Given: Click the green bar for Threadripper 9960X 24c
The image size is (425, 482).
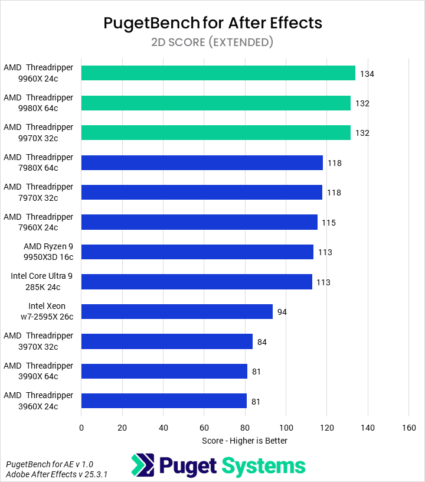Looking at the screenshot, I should click(218, 73).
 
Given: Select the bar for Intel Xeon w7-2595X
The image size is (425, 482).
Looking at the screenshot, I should click(176, 311).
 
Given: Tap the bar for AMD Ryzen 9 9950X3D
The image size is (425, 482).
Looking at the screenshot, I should click(197, 252).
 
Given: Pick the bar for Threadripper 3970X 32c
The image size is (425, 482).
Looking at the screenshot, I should click(166, 341).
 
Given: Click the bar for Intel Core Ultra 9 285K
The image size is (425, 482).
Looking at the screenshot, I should click(197, 282).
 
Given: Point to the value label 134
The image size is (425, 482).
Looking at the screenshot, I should click(367, 74).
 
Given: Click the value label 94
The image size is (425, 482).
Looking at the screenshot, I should click(282, 312).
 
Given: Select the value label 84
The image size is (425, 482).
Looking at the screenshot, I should click(262, 341).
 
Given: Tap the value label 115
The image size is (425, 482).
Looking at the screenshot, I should click(329, 223).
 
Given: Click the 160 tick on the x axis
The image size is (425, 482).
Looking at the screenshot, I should click(408, 427).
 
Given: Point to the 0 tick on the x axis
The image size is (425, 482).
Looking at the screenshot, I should click(81, 427).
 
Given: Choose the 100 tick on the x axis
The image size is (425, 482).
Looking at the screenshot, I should click(286, 427).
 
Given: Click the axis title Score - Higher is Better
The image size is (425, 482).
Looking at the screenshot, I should click(244, 441).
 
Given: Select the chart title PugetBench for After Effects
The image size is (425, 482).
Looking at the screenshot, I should click(212, 23).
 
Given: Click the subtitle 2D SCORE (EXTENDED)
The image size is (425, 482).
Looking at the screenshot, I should click(212, 42).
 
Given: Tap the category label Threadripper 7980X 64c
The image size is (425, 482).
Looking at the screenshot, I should click(38, 162).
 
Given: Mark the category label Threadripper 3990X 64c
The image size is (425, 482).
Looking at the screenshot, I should click(38, 371).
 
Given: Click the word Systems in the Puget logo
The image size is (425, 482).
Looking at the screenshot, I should click(263, 466).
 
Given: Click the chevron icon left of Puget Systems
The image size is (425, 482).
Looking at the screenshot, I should click(142, 465).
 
